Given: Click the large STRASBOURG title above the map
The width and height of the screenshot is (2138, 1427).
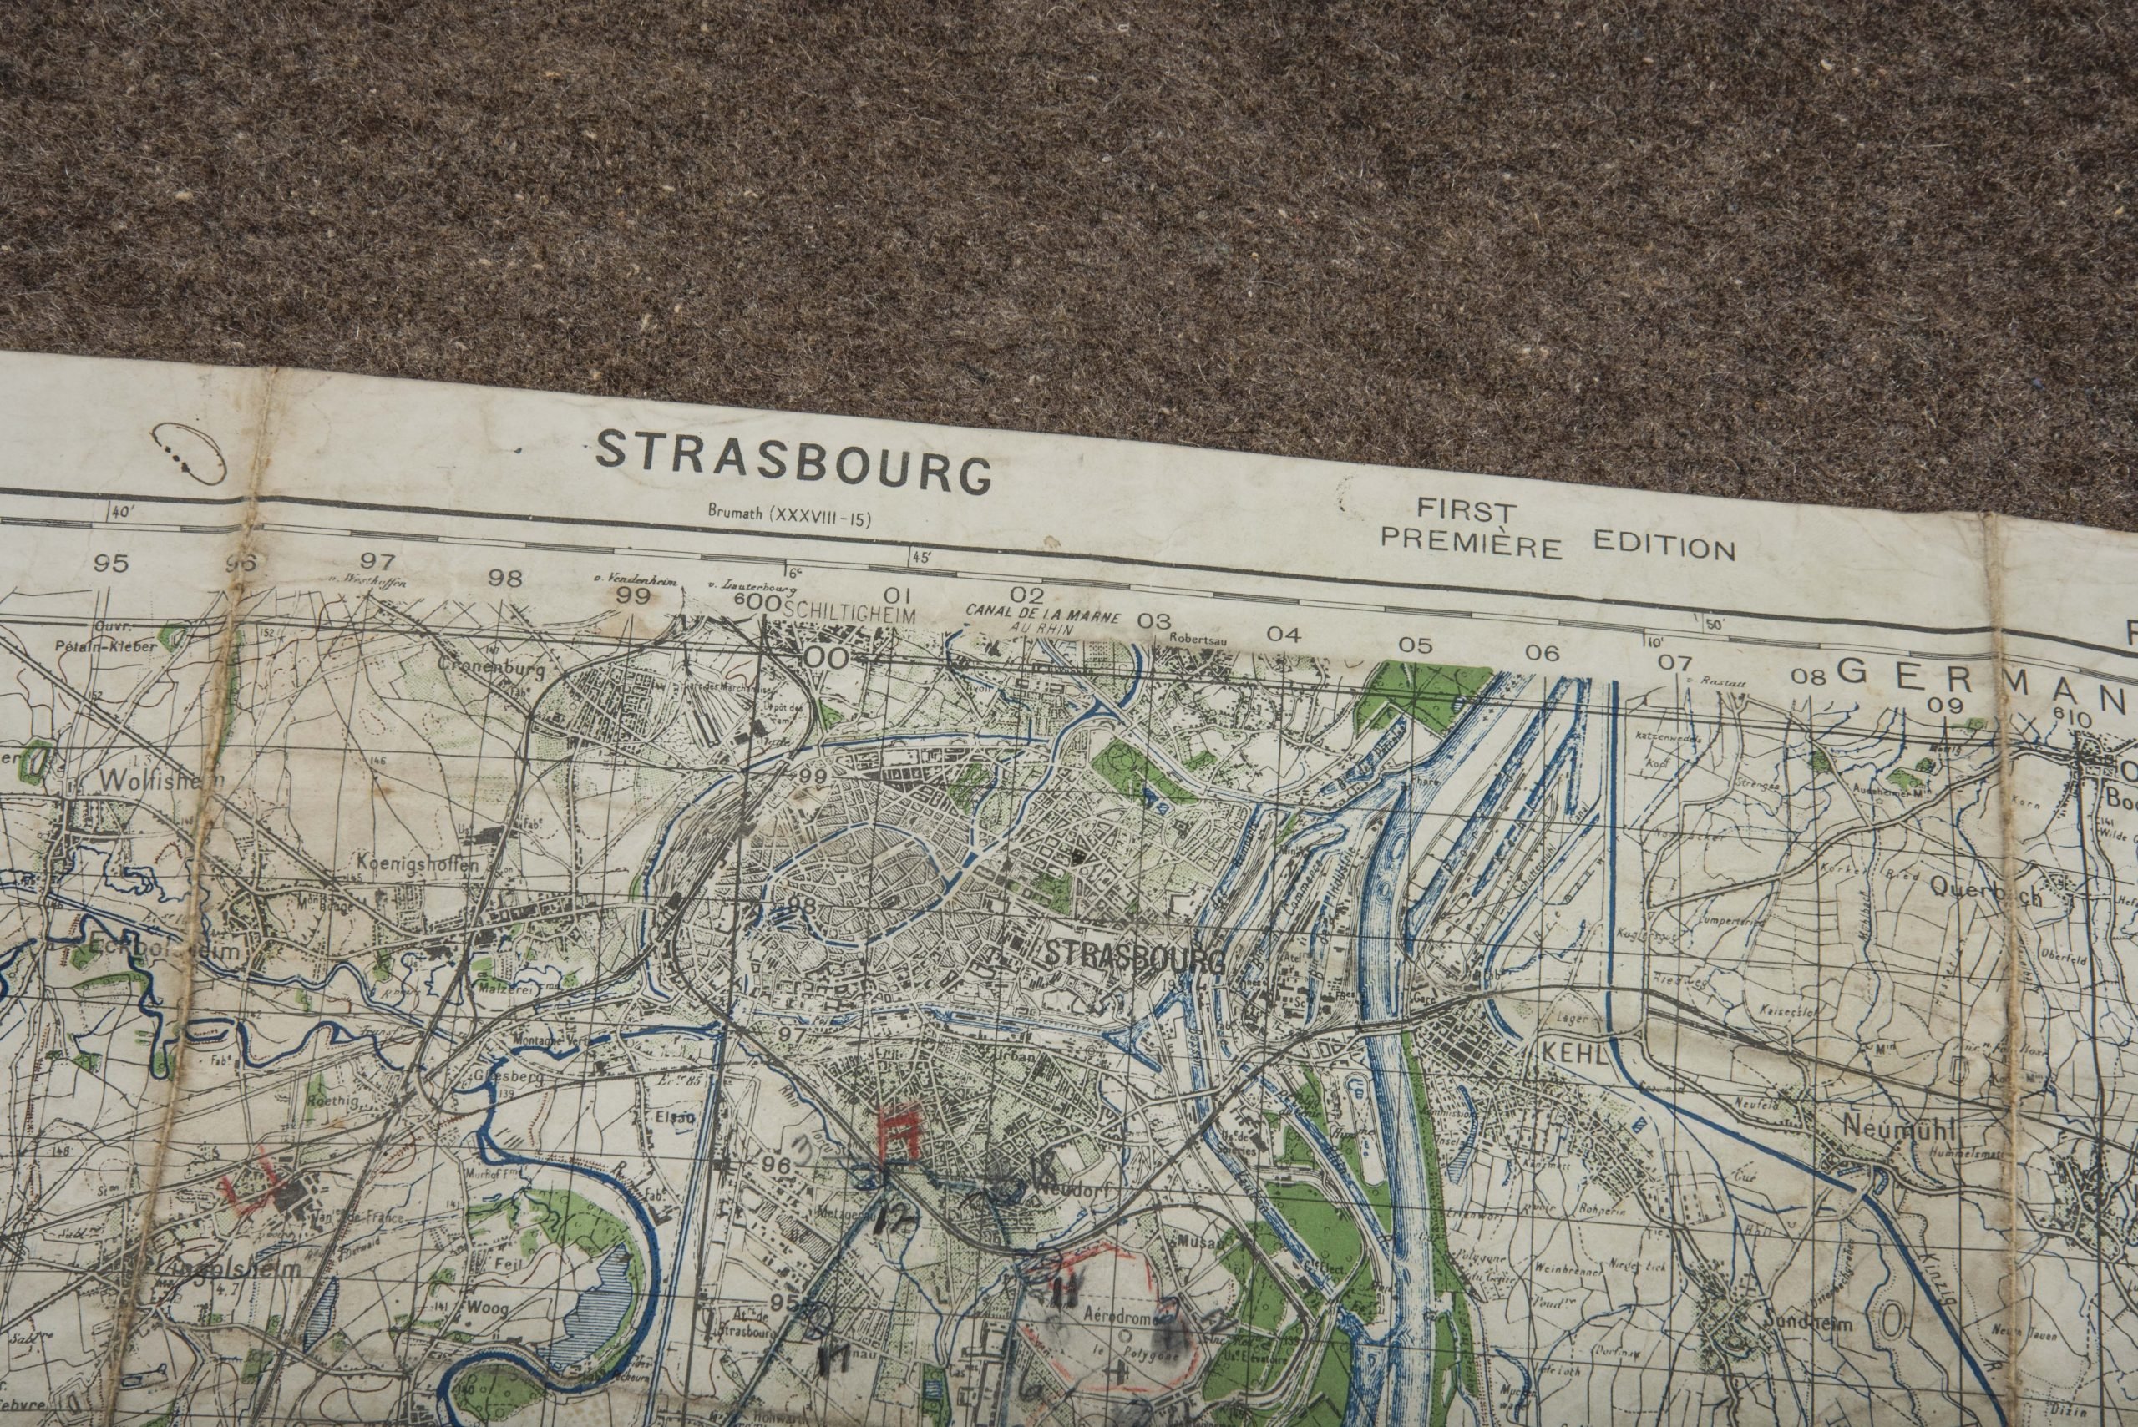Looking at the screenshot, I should [x=792, y=462].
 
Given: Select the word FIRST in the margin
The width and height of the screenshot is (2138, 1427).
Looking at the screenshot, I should [x=1466, y=510].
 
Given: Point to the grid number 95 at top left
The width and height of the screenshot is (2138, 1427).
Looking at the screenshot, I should [x=111, y=564].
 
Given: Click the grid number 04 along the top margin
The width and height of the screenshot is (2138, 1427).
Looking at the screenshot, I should [x=1283, y=635].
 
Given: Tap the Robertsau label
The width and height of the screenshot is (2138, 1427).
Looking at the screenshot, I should [x=1198, y=640].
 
